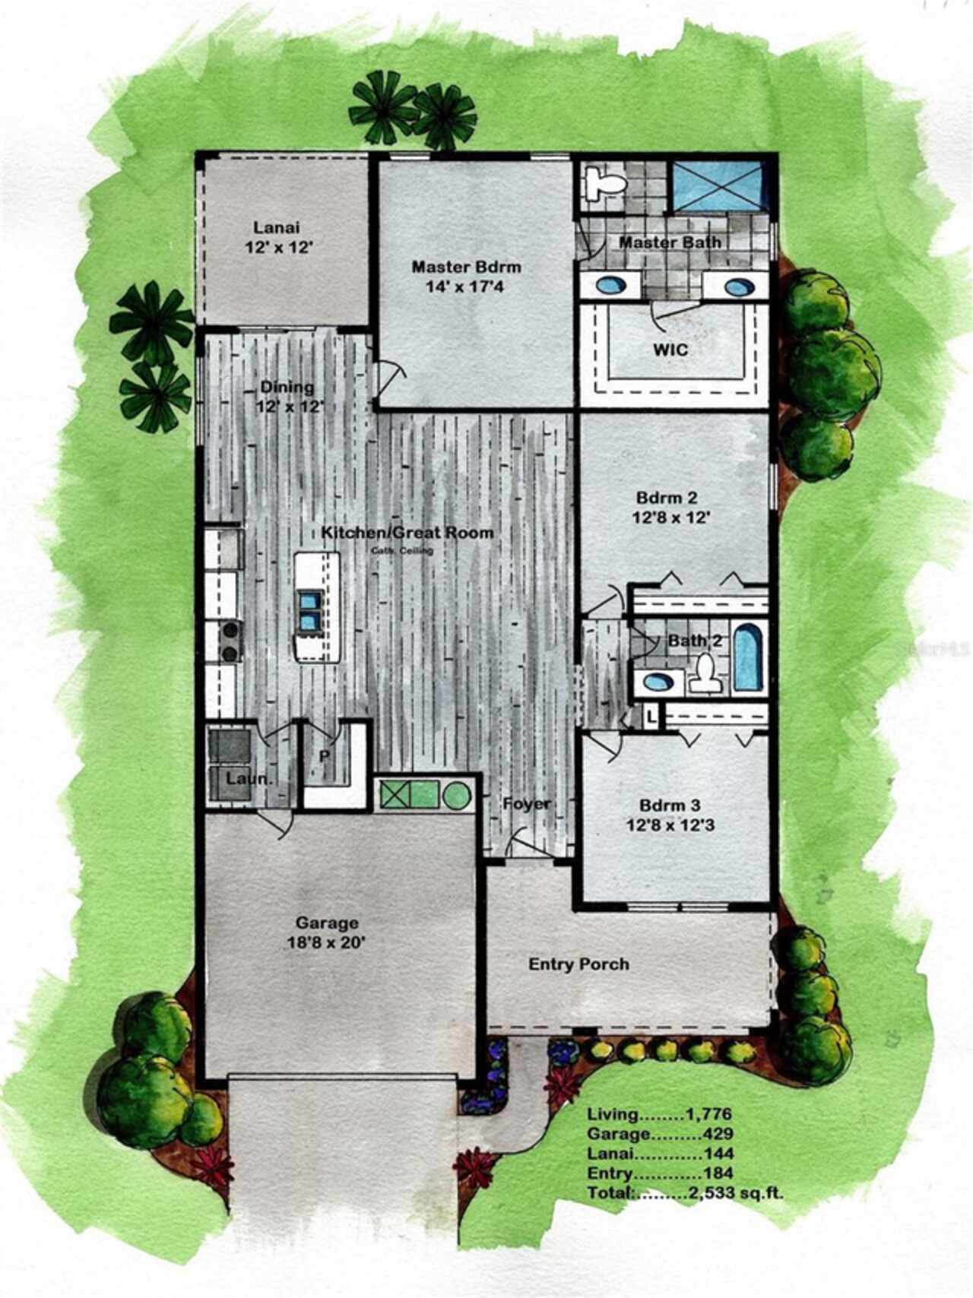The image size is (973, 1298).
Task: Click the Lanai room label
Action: [x=277, y=227]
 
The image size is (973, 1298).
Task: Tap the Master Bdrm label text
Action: [x=466, y=267]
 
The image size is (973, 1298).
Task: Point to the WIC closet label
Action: [x=670, y=350]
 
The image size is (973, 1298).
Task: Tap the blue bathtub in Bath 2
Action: [x=750, y=656]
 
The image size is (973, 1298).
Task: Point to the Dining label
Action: [x=287, y=387]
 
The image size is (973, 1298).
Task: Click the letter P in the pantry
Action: [x=325, y=756]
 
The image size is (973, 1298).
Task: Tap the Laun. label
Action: [x=249, y=780]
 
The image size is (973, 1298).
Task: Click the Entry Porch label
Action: [x=578, y=964]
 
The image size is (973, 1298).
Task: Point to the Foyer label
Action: [x=526, y=803]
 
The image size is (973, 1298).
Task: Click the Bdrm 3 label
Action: [x=670, y=806]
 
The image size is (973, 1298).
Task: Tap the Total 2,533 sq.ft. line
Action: [x=685, y=1193]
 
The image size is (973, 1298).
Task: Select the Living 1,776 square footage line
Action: [x=659, y=1115]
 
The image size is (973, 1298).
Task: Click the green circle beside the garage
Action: [x=456, y=796]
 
